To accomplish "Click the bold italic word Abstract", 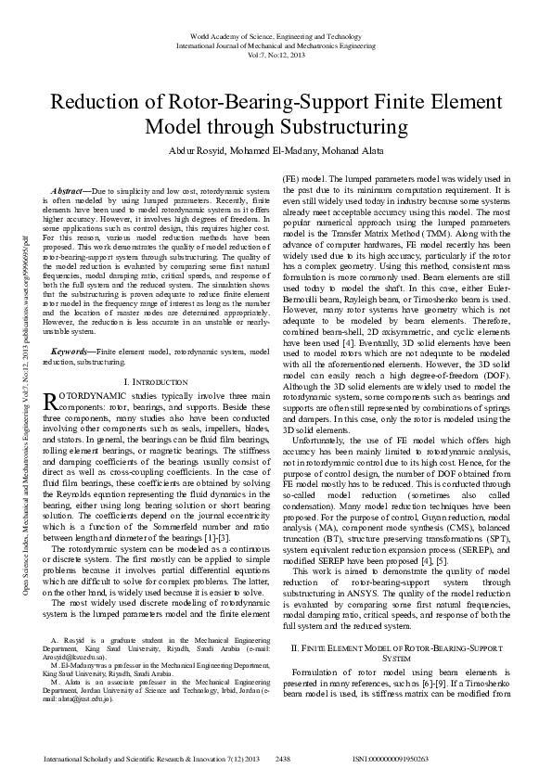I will pyautogui.click(x=72, y=189).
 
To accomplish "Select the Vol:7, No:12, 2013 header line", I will pyautogui.click(x=276, y=54).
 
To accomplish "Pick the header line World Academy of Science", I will pyautogui.click(x=276, y=35).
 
